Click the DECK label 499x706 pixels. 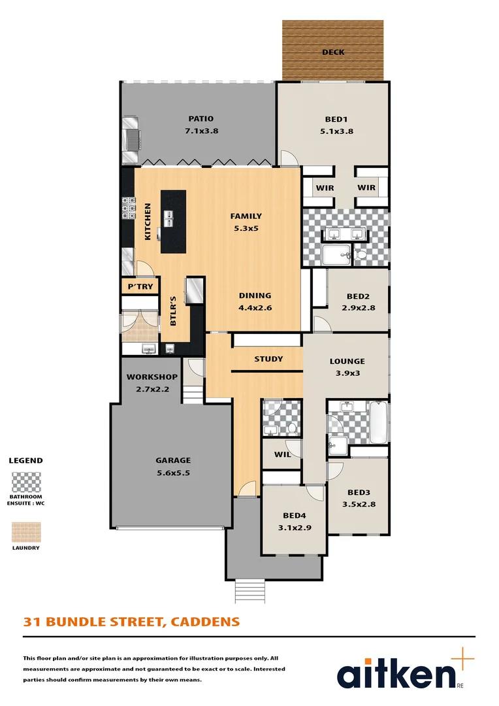pyautogui.click(x=333, y=52)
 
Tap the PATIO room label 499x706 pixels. pyautogui.click(x=201, y=119)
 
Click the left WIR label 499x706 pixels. pyautogui.click(x=325, y=188)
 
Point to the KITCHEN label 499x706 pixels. pyautogui.click(x=148, y=222)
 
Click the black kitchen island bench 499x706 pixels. pyautogui.click(x=173, y=221)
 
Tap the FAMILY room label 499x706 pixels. pyautogui.click(x=246, y=216)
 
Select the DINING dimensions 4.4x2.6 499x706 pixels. pyautogui.click(x=255, y=307)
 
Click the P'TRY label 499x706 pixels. pyautogui.click(x=140, y=287)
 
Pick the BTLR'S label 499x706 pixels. pyautogui.click(x=173, y=312)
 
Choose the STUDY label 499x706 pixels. pyautogui.click(x=268, y=359)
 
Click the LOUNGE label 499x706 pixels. pyautogui.click(x=347, y=361)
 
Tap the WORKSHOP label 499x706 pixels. pyautogui.click(x=152, y=377)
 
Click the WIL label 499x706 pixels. pyautogui.click(x=282, y=454)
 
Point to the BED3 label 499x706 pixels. pyautogui.click(x=359, y=493)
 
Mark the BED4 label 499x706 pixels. pyautogui.click(x=294, y=515)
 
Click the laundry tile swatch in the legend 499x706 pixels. pyautogui.click(x=26, y=532)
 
